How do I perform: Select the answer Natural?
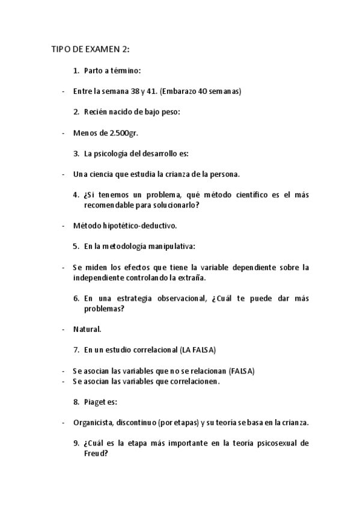pyautogui.click(x=87, y=330)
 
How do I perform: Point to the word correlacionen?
pyautogui.click(x=192, y=381)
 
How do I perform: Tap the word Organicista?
pyautogui.click(x=93, y=423)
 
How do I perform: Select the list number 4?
pyautogui.click(x=76, y=195)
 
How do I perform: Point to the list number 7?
pyautogui.click(x=76, y=350)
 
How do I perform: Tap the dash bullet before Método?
pyautogui.click(x=63, y=226)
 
